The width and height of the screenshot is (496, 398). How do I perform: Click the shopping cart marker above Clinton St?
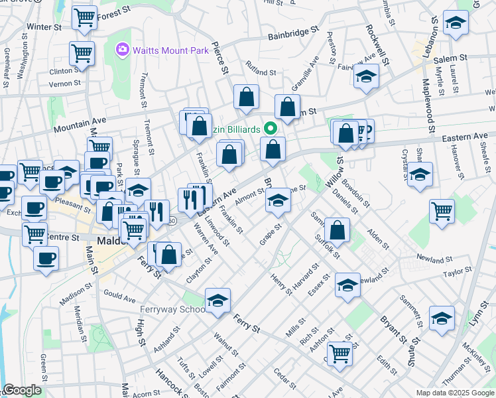point(82,53)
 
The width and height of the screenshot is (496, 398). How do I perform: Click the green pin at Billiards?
point(271,128)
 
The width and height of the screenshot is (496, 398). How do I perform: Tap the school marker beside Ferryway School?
point(217,301)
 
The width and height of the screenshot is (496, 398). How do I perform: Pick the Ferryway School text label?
point(173,309)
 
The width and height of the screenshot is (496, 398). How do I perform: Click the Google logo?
point(21,390)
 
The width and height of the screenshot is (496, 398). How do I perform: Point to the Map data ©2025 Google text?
point(454,393)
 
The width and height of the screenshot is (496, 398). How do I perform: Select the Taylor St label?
point(457,272)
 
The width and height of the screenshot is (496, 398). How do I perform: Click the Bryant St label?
point(393,329)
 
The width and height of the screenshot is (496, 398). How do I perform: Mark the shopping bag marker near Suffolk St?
point(338,231)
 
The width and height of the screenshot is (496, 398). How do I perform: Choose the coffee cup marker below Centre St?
point(46,259)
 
